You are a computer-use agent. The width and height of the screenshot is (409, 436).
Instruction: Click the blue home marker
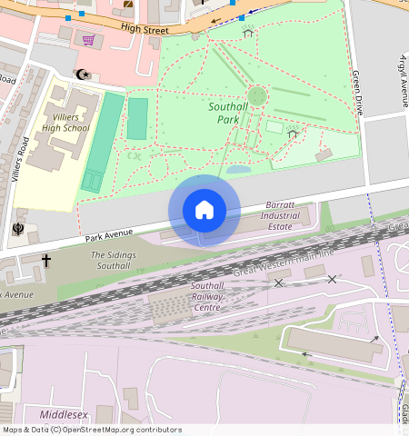[204, 210]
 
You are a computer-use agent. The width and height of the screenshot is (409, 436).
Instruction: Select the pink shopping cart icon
[88, 40]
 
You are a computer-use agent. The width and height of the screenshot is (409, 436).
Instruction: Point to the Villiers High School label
[65, 123]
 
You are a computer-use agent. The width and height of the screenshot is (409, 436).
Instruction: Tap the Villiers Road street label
[25, 159]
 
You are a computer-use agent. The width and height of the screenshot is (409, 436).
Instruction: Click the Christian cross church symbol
[46, 261]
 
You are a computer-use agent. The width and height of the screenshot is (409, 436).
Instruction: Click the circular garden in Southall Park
[257, 95]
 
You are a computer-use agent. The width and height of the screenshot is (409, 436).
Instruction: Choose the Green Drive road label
[357, 92]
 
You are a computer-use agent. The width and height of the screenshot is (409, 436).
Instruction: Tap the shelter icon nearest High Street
[247, 33]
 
